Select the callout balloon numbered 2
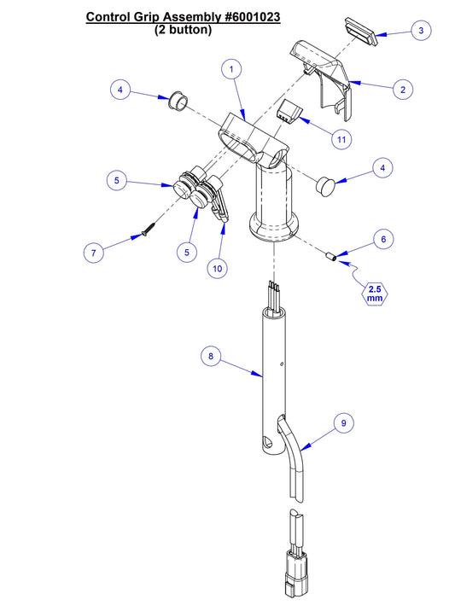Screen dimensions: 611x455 point(402,88)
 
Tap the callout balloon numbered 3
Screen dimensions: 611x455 point(419,31)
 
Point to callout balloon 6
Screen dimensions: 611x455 point(383,240)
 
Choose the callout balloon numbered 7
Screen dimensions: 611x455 point(94,252)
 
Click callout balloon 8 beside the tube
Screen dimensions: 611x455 point(213,355)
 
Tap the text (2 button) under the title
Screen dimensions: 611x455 point(183,29)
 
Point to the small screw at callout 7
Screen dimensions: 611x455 point(148,230)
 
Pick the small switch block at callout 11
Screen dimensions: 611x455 point(289,110)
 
